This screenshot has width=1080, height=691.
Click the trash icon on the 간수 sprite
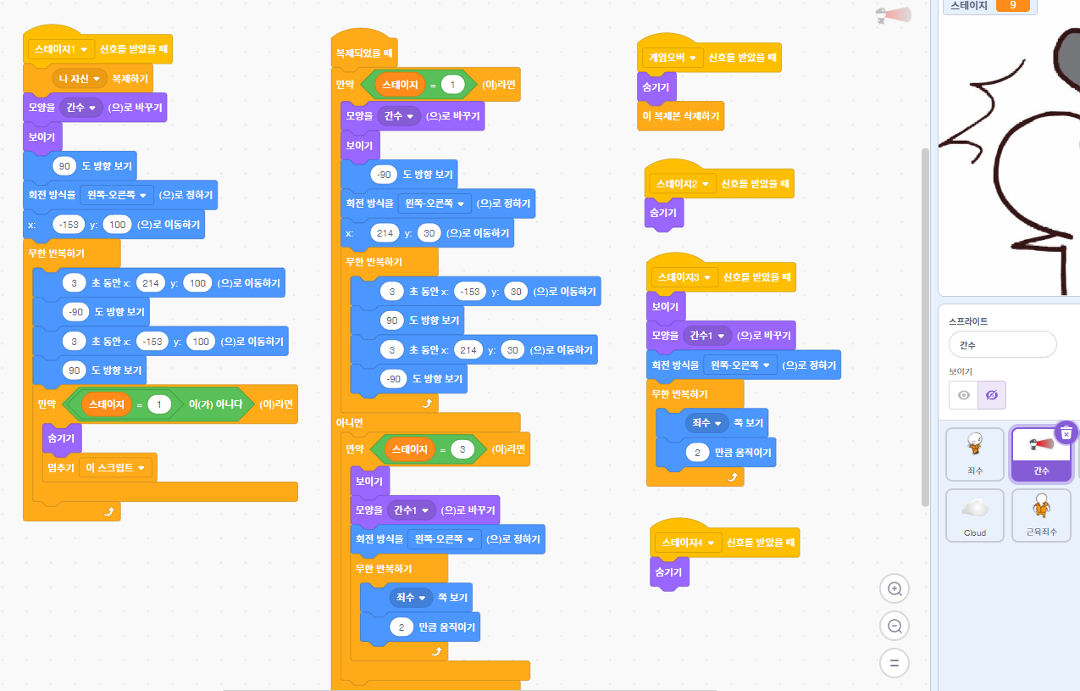(x=1066, y=432)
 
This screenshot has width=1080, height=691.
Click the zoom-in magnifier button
(x=894, y=588)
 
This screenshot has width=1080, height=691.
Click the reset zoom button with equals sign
(x=894, y=662)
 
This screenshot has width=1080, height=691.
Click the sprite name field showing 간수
(x=1003, y=344)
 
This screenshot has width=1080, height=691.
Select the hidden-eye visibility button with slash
(x=992, y=395)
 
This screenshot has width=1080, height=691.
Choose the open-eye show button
(x=963, y=395)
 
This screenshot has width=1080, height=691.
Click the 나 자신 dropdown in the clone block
(x=78, y=79)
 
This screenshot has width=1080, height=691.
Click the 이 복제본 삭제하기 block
(x=681, y=116)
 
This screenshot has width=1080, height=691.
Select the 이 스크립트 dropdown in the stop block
(x=115, y=467)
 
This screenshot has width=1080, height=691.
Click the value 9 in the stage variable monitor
(x=1012, y=5)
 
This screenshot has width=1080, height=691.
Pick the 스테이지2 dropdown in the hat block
(x=680, y=184)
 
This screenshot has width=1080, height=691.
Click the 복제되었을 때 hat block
(x=364, y=53)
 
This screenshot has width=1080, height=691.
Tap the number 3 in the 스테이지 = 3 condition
(x=462, y=449)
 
